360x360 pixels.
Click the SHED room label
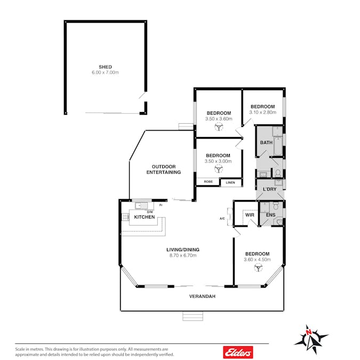coord(105,67)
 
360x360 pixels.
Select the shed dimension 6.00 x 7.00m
coord(105,73)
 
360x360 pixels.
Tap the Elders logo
coord(238,352)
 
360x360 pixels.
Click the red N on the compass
coord(309,332)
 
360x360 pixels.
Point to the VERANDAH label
coord(202,297)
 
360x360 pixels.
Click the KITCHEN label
coord(145,217)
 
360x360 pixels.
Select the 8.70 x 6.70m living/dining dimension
coord(183,255)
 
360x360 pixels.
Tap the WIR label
coord(250,215)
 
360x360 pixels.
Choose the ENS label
coord(271,215)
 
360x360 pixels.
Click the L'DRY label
coord(269,189)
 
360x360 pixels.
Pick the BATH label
coord(266,142)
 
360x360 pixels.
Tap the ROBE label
coord(208,182)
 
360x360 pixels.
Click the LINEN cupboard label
coord(230,182)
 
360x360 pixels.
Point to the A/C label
coord(222,219)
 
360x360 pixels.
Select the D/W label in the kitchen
coord(150,212)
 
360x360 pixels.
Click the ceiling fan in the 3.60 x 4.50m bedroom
coord(259,268)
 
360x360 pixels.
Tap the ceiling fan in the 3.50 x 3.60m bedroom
coord(219,127)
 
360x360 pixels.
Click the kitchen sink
coord(141,206)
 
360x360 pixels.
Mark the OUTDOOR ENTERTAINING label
coord(164,170)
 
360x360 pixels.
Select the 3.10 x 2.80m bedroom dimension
coord(262,113)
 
